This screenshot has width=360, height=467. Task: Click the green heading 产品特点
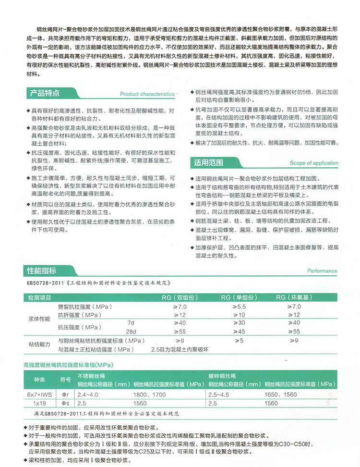tap(45, 92)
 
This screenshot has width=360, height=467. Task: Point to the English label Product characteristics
tap(147, 94)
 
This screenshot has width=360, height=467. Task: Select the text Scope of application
tap(314, 163)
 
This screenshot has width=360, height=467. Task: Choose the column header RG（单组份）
tap(241, 298)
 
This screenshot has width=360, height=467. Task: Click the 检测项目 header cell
tap(40, 298)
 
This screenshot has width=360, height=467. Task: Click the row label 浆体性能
tap(40, 319)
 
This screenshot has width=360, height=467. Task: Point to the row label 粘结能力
tap(40, 344)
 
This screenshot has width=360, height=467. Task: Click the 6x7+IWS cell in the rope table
tap(40, 393)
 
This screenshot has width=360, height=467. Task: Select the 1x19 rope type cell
tap(40, 402)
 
